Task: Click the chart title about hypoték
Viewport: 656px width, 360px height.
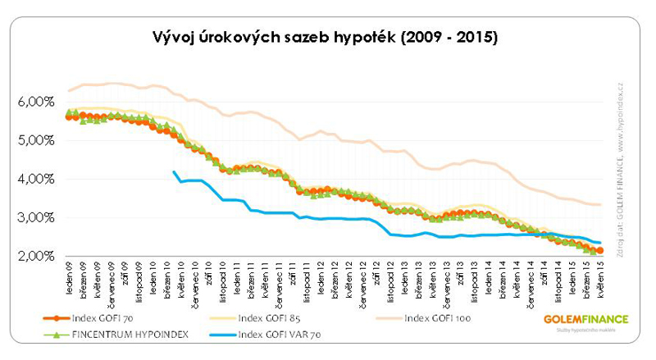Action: point(326,38)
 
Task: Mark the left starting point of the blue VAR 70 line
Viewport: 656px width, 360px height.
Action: point(173,171)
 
